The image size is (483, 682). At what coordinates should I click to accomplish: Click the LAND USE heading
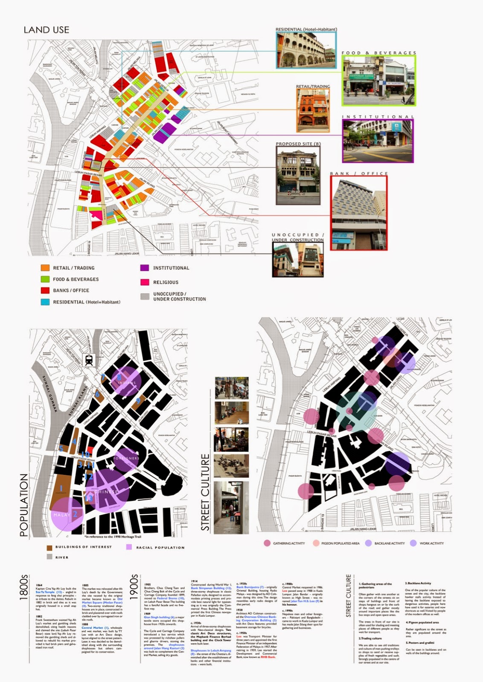(x=47, y=30)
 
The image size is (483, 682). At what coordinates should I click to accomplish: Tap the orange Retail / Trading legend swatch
(x=45, y=268)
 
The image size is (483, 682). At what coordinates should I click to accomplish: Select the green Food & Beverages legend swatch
(x=45, y=279)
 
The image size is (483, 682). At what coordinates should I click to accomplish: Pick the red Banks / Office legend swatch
(x=45, y=290)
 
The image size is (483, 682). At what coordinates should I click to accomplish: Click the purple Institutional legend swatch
(x=145, y=268)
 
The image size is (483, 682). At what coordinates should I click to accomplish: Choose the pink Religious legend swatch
(x=145, y=282)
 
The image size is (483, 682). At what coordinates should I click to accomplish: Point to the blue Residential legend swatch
(x=45, y=302)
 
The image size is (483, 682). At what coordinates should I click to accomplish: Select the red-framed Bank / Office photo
(x=359, y=212)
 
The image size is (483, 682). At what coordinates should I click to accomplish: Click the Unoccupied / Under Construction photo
(x=298, y=260)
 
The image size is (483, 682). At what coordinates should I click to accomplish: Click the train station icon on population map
(x=89, y=360)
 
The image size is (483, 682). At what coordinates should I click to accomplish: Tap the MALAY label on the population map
(x=61, y=515)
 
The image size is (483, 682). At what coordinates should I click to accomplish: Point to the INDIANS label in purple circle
(x=127, y=383)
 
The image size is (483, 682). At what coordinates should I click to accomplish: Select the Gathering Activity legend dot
(x=267, y=543)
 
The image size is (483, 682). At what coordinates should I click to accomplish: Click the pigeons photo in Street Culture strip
(x=231, y=465)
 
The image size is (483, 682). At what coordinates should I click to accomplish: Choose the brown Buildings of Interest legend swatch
(x=49, y=547)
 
